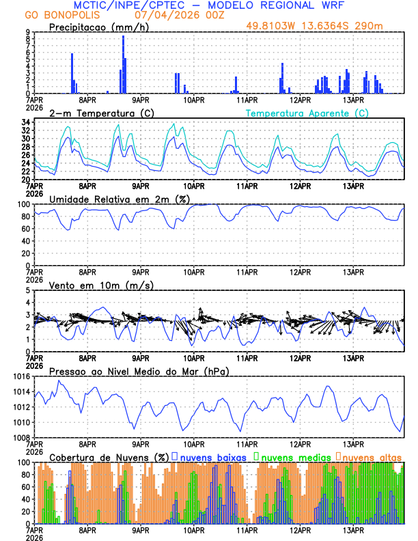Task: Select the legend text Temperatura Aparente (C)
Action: pos(307,113)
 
